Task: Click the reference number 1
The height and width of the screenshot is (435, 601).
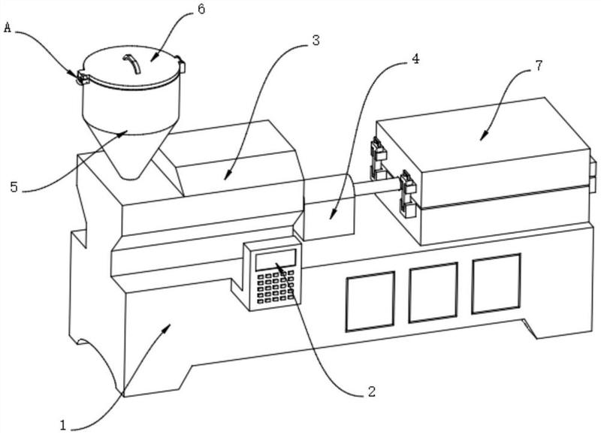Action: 63,424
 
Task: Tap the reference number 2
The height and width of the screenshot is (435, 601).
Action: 371,391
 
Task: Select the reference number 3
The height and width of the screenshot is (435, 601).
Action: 316,40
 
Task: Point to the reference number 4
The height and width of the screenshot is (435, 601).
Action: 415,59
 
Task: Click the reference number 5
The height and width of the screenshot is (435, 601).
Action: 14,187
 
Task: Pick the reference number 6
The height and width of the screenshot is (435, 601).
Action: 201,9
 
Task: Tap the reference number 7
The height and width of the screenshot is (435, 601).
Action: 539,65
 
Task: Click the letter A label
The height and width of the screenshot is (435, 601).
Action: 8,27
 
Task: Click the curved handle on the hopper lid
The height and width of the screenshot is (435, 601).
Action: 132,63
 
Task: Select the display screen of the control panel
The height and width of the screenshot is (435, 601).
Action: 276,259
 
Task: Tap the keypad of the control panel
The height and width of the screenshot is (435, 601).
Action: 275,287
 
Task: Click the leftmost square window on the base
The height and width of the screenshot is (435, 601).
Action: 370,301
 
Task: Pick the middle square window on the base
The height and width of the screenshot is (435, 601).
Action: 433,292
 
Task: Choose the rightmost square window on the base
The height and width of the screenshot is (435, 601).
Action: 497,283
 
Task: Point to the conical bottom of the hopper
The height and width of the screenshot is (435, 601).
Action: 130,153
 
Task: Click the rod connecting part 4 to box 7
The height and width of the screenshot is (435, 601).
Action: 378,188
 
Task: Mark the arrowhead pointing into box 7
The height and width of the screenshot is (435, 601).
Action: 484,136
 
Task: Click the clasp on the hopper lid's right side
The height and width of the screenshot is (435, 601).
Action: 180,64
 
